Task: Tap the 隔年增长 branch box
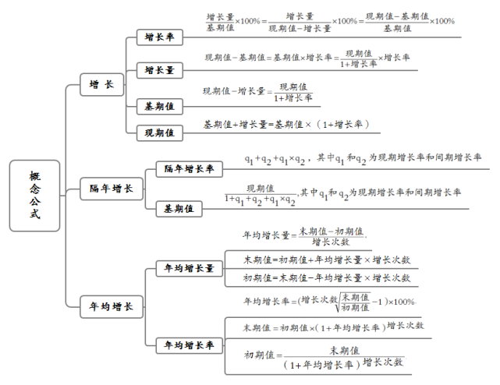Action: pyautogui.click(x=111, y=188)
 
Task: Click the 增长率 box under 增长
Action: pyautogui.click(x=159, y=37)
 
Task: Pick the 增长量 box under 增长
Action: pyautogui.click(x=159, y=70)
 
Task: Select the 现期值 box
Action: pyautogui.click(x=159, y=133)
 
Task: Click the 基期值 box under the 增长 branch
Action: pyautogui.click(x=159, y=104)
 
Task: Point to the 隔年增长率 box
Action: pyautogui.click(x=190, y=168)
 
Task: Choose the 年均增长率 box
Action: pyautogui.click(x=188, y=344)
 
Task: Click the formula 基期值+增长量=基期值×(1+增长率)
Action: pyautogui.click(x=285, y=124)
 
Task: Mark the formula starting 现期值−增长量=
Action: pyautogui.click(x=257, y=92)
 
